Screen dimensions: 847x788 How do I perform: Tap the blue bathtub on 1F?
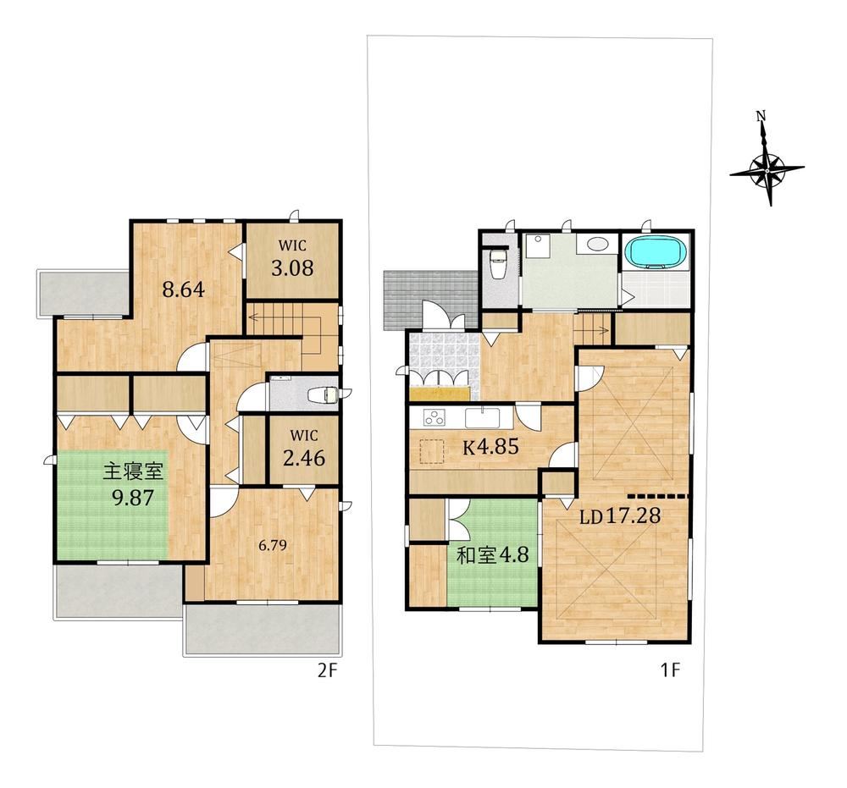(656, 252)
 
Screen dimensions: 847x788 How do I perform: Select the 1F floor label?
(670, 670)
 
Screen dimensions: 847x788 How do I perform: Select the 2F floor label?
(327, 670)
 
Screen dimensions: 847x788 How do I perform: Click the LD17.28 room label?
(620, 516)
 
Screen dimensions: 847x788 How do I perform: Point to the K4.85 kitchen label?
(490, 446)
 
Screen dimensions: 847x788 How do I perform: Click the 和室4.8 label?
(492, 554)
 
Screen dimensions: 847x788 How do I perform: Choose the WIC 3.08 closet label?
(292, 258)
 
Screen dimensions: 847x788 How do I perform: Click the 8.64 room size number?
(184, 289)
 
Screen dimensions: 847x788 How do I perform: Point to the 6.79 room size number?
(272, 545)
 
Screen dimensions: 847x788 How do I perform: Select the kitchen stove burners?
(435, 417)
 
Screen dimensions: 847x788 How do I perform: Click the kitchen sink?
(483, 418)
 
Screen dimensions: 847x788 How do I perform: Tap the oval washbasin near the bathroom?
(596, 244)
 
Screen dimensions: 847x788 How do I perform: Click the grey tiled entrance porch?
(430, 300)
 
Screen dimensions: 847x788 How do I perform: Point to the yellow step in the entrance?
(440, 394)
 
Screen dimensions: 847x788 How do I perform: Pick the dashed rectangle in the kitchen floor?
(431, 452)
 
